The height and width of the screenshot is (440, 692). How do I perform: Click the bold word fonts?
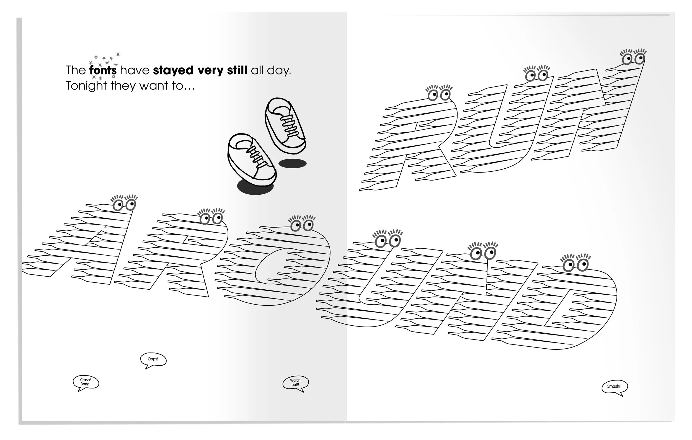[x=103, y=70]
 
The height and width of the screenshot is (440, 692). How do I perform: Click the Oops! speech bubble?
[x=153, y=359]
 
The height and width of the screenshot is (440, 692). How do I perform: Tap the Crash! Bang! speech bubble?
[x=86, y=382]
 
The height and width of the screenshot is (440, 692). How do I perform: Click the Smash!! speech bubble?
[x=614, y=387]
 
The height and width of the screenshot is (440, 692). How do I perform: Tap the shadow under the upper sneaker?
[x=292, y=164]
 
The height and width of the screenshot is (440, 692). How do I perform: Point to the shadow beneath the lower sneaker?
[x=255, y=187]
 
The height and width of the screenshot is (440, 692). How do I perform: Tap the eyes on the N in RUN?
[x=634, y=59]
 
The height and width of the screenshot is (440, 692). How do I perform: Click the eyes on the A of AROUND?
[x=124, y=204]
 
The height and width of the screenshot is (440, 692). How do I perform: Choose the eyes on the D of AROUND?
[x=575, y=265]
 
